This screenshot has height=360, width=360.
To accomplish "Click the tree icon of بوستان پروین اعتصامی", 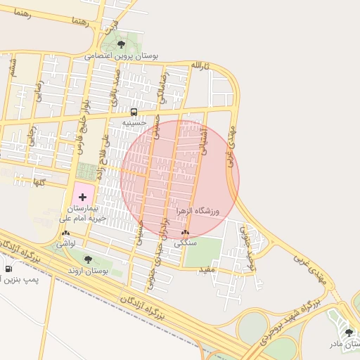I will (x=122, y=45).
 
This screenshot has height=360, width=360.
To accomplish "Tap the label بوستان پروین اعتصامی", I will (x=122, y=55).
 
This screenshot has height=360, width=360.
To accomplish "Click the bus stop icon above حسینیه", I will (x=134, y=112).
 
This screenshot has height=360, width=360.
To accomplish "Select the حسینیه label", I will (x=134, y=122).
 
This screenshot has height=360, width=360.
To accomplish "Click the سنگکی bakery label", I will (x=185, y=242).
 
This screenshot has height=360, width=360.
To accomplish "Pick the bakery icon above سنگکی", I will (x=185, y=232).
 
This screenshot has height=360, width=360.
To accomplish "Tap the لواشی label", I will (x=66, y=243).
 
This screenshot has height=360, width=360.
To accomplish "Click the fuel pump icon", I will (x=8, y=268).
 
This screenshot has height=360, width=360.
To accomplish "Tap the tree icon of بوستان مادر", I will (x=349, y=333).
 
